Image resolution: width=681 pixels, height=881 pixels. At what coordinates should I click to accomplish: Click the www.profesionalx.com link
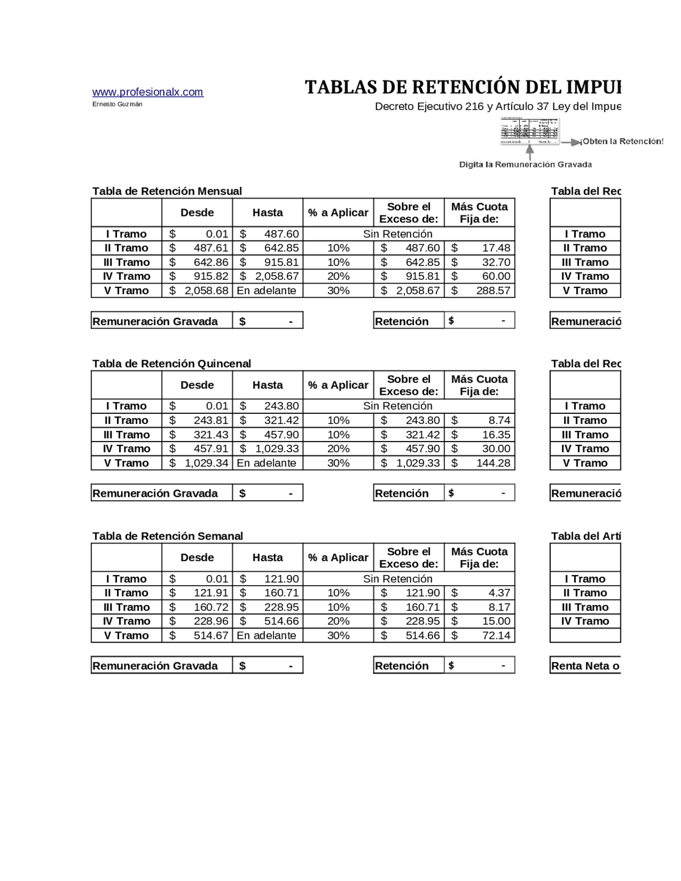pyautogui.click(x=147, y=92)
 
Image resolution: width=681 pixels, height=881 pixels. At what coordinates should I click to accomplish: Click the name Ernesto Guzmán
pyautogui.click(x=117, y=104)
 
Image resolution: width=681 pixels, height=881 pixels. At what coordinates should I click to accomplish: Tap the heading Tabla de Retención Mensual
pyautogui.click(x=167, y=191)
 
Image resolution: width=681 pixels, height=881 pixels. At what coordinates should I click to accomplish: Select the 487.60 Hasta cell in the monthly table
pyautogui.click(x=268, y=234)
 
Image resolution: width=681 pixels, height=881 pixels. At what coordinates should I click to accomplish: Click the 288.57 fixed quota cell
pyautogui.click(x=479, y=291)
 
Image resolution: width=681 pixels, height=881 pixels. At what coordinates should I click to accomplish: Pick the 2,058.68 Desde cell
pyautogui.click(x=197, y=291)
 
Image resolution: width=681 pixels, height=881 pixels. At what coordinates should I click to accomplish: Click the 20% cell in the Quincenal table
pyautogui.click(x=338, y=449)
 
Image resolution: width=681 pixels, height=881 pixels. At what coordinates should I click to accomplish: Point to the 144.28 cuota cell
pyautogui.click(x=479, y=463)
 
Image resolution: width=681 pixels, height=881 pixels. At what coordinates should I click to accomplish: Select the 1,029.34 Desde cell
pyautogui.click(x=197, y=463)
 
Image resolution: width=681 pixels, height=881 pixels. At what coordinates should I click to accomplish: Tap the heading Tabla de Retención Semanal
pyautogui.click(x=167, y=536)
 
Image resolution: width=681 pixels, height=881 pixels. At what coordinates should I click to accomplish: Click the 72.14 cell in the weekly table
pyautogui.click(x=479, y=636)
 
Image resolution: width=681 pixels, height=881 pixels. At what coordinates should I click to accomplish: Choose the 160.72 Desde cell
pyautogui.click(x=197, y=608)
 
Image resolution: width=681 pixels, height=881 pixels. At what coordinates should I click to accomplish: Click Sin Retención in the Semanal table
pyautogui.click(x=397, y=579)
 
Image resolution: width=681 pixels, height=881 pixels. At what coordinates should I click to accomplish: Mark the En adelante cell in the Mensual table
pyautogui.click(x=267, y=291)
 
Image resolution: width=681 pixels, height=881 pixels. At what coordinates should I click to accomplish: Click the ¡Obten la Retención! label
pyautogui.click(x=622, y=142)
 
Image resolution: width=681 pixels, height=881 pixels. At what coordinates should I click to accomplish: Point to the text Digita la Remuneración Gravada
pyautogui.click(x=525, y=165)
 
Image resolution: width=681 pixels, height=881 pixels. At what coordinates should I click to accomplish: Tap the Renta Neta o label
pyautogui.click(x=585, y=666)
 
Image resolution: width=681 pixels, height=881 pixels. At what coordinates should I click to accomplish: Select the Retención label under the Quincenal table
pyautogui.click(x=402, y=494)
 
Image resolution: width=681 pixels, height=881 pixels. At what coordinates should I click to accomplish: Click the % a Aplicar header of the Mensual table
pyautogui.click(x=338, y=213)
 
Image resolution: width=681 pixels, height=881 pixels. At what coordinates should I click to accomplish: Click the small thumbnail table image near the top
pyautogui.click(x=529, y=131)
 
